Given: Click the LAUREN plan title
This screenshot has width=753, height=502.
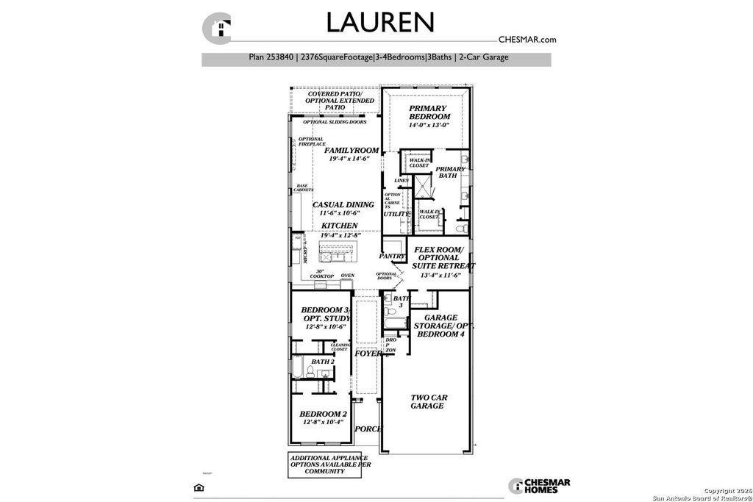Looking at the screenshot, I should (x=380, y=22).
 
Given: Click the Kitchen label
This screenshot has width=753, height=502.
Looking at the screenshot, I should (x=339, y=226).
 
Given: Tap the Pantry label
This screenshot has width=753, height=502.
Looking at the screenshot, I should (x=392, y=257).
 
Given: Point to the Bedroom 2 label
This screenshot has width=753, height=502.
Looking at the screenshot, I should (x=324, y=414).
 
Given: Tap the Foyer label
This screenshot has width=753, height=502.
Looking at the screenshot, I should (x=368, y=354).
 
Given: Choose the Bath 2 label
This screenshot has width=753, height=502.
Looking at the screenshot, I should (x=323, y=362).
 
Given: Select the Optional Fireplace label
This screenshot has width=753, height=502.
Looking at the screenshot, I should (x=310, y=142).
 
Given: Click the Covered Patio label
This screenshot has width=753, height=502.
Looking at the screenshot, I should (x=335, y=95).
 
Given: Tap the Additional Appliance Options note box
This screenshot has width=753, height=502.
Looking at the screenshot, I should (x=327, y=464).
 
